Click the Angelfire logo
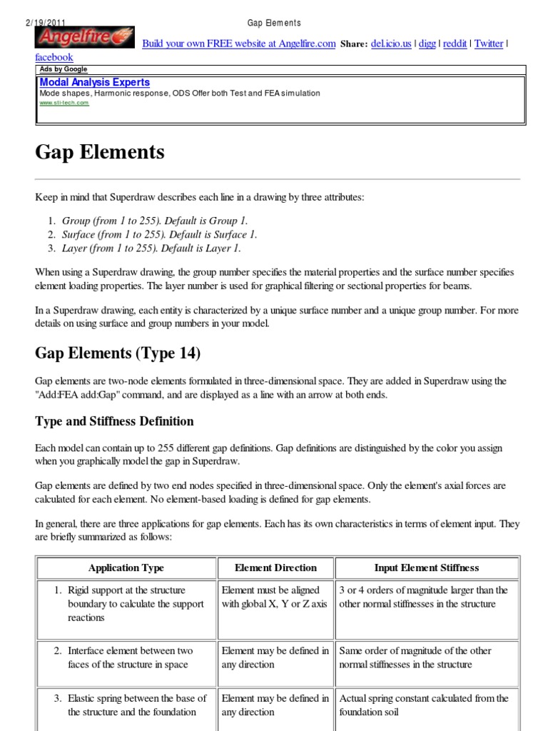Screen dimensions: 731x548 click(85, 38)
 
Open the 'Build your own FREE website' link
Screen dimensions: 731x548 click(238, 44)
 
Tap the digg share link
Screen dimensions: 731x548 click(427, 44)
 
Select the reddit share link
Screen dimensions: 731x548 click(455, 44)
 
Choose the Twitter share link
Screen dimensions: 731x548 click(489, 44)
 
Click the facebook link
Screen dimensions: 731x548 click(54, 57)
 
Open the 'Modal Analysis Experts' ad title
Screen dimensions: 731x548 click(94, 83)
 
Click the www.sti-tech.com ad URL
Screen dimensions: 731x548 click(64, 103)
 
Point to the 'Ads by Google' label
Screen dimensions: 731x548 click(64, 69)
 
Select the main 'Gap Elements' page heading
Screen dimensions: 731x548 click(100, 152)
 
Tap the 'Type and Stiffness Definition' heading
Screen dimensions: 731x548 click(114, 421)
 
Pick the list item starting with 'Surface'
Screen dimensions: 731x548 click(159, 234)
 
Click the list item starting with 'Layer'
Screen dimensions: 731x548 click(151, 248)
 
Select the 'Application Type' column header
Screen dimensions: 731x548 click(126, 568)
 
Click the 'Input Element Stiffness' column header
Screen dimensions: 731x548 click(427, 568)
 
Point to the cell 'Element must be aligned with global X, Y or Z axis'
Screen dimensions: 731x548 click(275, 597)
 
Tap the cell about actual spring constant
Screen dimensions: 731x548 click(424, 705)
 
